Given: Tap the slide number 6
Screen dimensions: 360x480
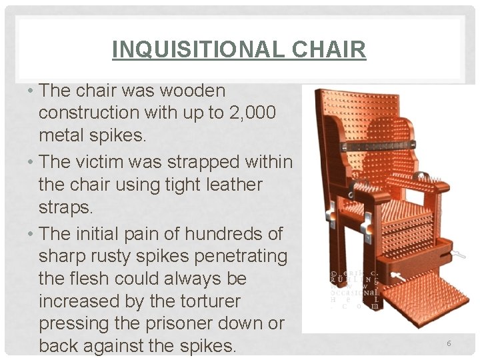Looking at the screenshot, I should pos(449,343).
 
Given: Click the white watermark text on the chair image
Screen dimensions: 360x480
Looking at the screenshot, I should pos(355,288).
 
